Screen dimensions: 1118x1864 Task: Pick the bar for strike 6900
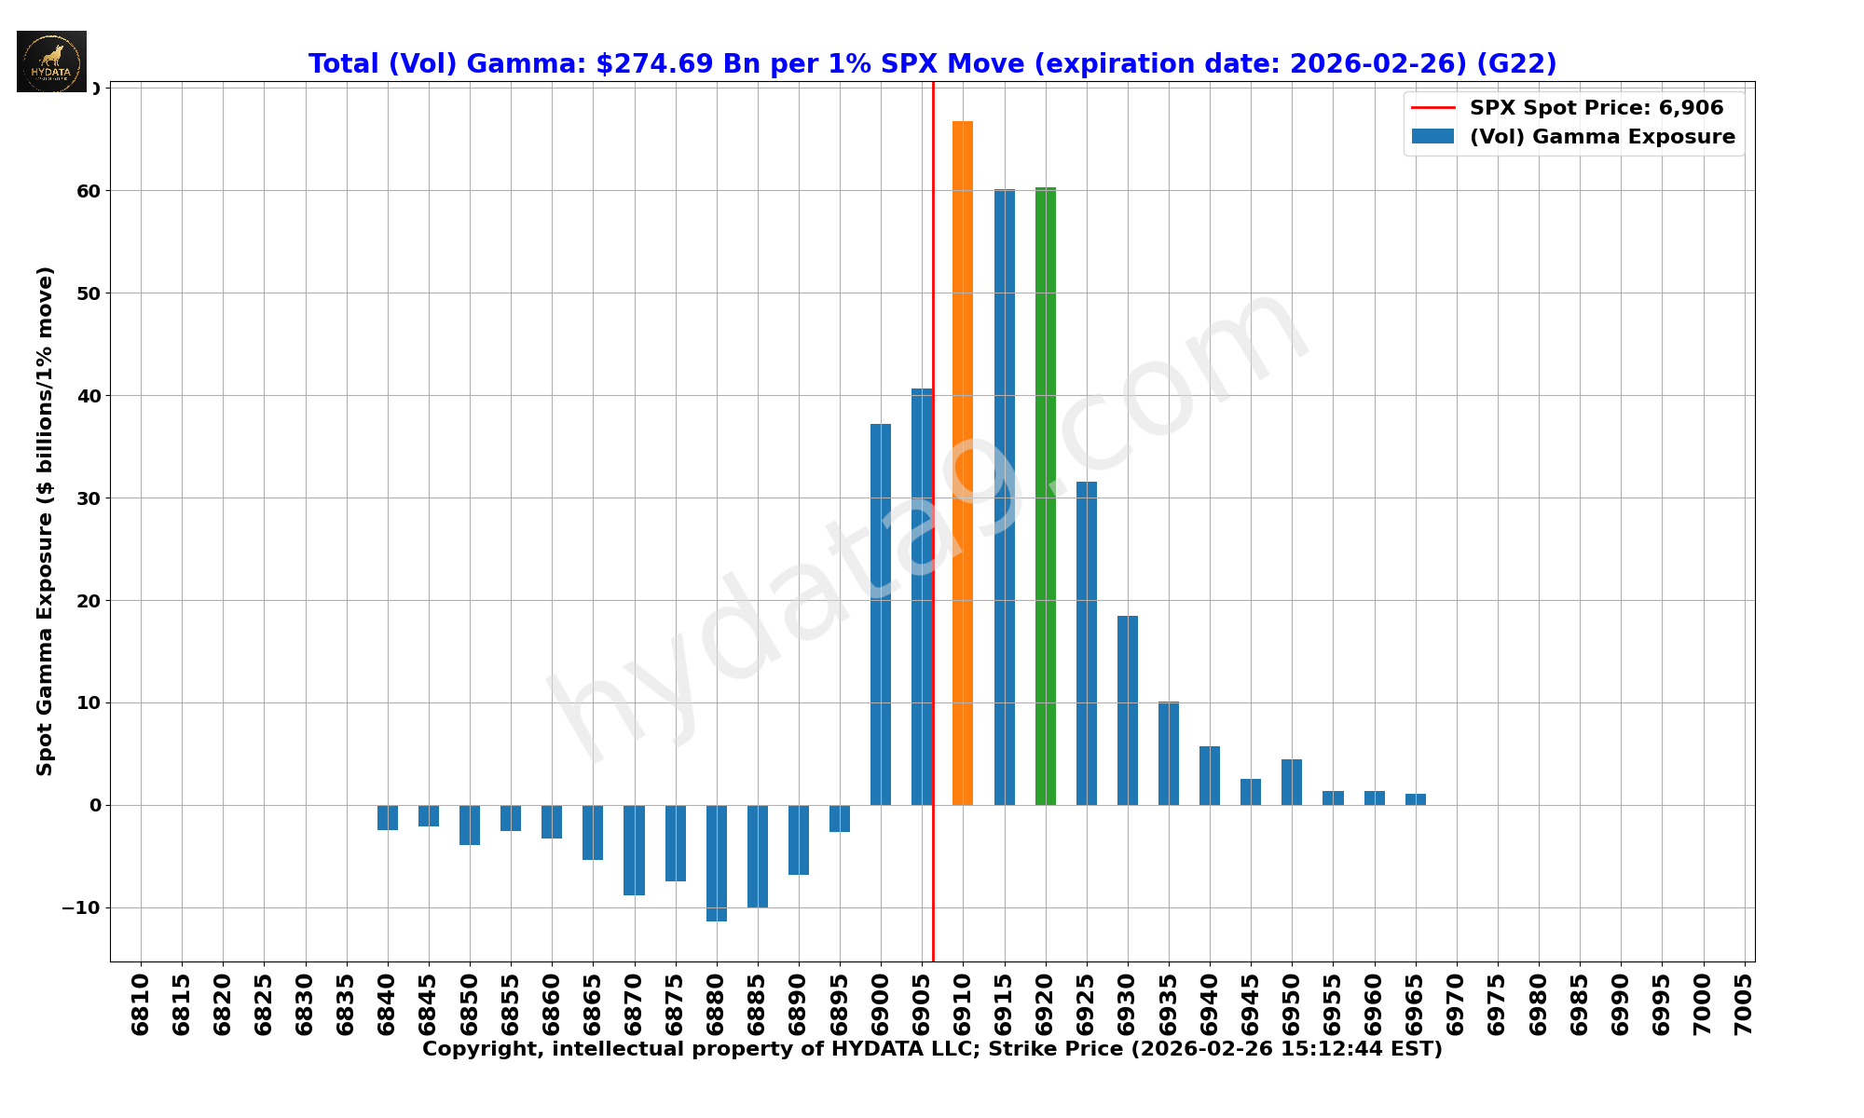click(x=881, y=614)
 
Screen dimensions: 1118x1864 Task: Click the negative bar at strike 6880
click(x=717, y=863)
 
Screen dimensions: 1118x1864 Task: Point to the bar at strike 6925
click(x=1087, y=643)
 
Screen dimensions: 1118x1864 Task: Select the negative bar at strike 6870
click(x=634, y=850)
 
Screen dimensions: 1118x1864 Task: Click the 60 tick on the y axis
click(x=89, y=191)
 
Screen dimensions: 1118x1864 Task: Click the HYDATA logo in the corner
click(x=51, y=61)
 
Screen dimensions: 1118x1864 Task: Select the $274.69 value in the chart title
click(x=654, y=64)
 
